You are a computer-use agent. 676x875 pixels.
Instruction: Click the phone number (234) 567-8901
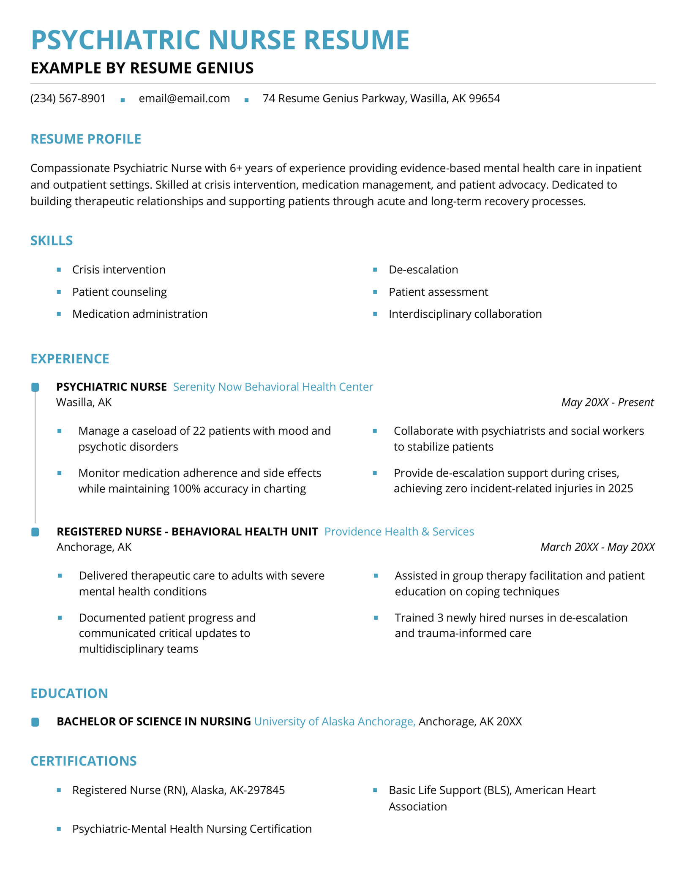point(68,98)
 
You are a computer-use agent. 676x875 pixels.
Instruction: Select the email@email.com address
point(184,98)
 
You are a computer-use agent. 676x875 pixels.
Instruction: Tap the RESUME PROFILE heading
point(86,139)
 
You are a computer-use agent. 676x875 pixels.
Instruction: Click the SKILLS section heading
point(52,240)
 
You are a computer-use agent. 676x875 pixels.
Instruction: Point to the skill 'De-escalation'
point(423,270)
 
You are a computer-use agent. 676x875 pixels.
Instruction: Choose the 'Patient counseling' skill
point(119,292)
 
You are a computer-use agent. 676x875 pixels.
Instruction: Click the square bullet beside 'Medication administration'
point(59,314)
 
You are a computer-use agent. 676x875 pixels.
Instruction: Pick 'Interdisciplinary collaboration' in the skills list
point(465,314)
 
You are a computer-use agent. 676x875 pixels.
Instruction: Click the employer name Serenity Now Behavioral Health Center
point(273,387)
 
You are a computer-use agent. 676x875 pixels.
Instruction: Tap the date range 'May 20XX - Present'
point(607,402)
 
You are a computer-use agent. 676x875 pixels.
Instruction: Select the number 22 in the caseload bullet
point(199,431)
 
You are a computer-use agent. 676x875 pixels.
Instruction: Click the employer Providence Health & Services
point(399,532)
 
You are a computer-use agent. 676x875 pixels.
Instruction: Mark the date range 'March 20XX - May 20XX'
point(597,547)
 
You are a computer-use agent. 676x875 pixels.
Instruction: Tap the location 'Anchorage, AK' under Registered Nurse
point(94,547)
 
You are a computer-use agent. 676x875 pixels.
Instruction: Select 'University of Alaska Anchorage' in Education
point(334,721)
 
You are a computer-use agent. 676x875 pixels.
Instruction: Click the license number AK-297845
point(257,790)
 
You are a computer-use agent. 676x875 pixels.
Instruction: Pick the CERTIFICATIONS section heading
point(84,761)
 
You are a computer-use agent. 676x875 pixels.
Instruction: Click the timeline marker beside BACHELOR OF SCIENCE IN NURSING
point(35,722)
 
